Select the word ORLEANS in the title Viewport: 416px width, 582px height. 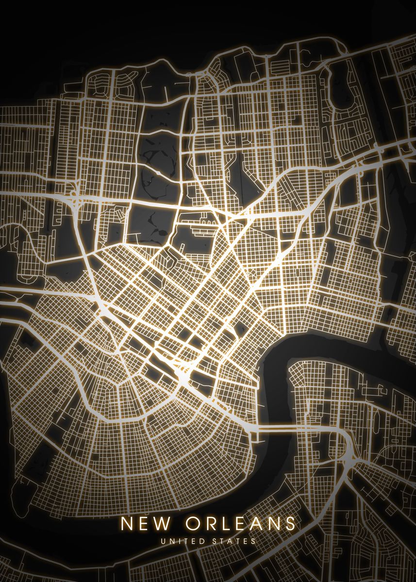(x=240, y=524)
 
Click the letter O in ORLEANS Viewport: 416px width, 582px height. (x=191, y=524)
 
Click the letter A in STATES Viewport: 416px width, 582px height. (x=231, y=541)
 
